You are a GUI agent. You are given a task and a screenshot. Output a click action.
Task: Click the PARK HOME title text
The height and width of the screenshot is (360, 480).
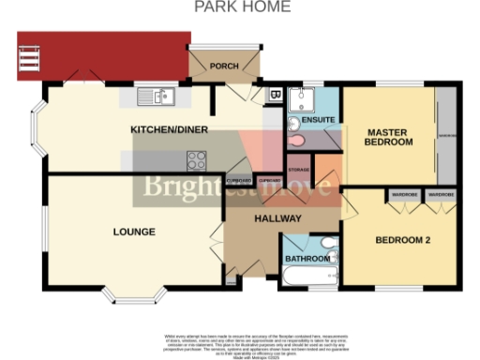(x=242, y=7)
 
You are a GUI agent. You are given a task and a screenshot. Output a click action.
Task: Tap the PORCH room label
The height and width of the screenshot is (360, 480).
(x=223, y=66)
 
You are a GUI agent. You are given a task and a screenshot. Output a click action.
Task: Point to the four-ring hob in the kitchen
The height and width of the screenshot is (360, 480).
(x=198, y=158)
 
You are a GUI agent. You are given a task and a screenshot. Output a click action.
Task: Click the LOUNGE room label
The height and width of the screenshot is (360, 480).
(x=134, y=232)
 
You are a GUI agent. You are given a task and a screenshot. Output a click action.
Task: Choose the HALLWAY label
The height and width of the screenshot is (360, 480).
(x=277, y=218)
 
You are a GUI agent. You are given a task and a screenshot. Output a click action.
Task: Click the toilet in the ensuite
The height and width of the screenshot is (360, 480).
(x=297, y=139)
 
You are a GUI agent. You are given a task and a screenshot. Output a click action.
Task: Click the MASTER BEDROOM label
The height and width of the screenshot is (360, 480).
(x=389, y=137)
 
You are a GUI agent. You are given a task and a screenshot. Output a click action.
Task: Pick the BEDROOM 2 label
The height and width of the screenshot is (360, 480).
(x=402, y=241)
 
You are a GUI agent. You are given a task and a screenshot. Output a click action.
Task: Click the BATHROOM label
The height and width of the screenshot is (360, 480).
(x=307, y=258)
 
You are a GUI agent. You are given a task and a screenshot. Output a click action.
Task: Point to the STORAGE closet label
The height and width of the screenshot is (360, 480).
(x=299, y=170)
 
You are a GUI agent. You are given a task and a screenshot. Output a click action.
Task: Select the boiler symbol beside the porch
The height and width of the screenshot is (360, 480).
(x=274, y=95)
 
